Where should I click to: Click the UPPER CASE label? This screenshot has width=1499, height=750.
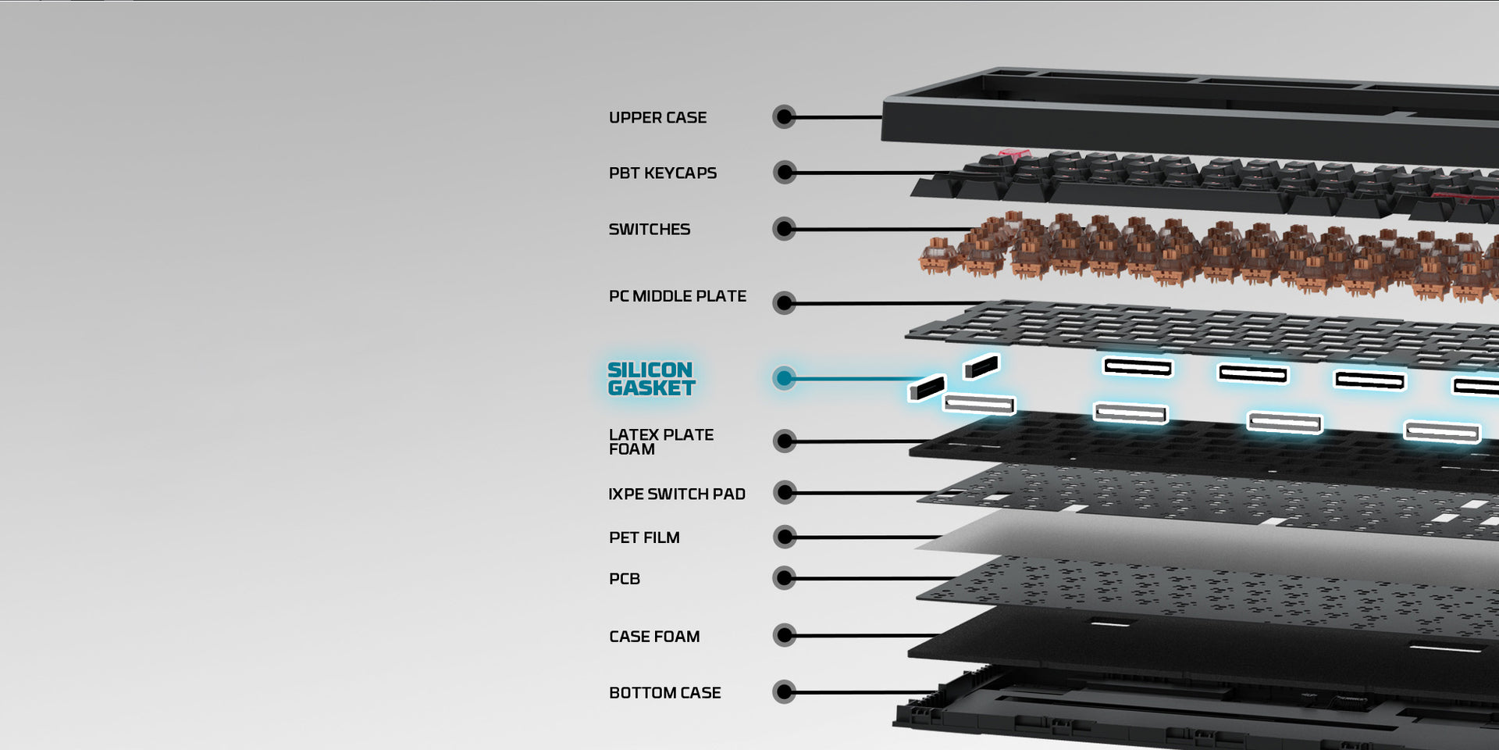(657, 118)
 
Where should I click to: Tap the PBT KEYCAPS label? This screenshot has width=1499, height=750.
(662, 173)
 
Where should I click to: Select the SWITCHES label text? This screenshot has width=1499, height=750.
(649, 230)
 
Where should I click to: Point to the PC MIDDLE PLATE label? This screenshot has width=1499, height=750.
(677, 297)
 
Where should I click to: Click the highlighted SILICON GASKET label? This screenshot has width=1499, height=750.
(650, 379)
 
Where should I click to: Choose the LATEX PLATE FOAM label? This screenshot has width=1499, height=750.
(660, 441)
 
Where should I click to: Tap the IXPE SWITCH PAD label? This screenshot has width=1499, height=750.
(676, 495)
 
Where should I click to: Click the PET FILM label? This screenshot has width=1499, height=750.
(644, 538)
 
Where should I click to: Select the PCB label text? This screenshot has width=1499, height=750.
(624, 580)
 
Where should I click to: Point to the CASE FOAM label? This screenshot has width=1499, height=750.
(654, 637)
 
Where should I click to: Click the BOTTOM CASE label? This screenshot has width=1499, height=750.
(664, 693)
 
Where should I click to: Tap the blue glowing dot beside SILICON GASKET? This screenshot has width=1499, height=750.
(785, 378)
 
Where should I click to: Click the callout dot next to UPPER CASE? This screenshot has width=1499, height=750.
(785, 117)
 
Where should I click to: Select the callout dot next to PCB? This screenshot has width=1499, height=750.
(785, 578)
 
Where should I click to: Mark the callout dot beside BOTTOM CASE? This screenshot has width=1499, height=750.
(785, 692)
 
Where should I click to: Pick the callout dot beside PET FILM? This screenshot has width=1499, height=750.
(785, 537)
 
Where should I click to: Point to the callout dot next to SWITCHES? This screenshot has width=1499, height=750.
(785, 229)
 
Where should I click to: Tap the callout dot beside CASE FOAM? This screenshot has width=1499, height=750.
(785, 635)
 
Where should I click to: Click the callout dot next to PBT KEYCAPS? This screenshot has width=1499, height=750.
(785, 172)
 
